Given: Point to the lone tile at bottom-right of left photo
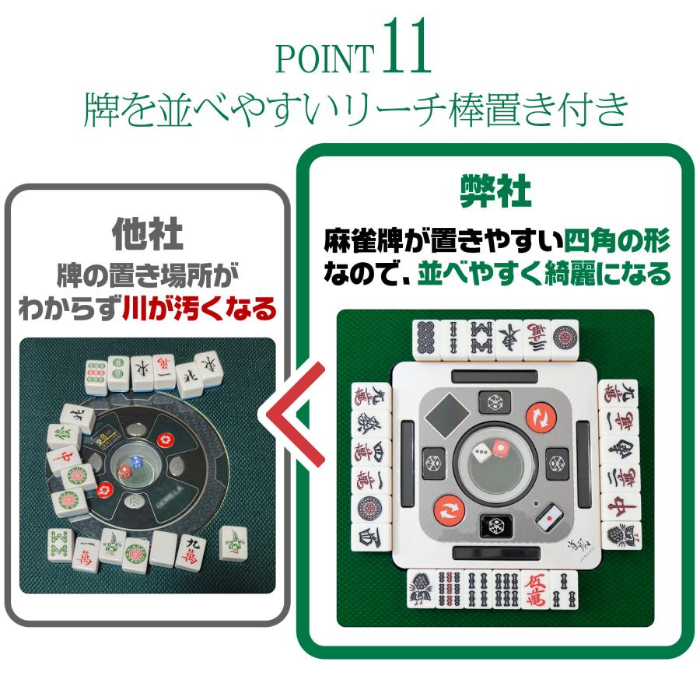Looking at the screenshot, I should click(x=233, y=541).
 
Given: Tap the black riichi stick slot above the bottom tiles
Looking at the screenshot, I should click(x=495, y=553).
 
